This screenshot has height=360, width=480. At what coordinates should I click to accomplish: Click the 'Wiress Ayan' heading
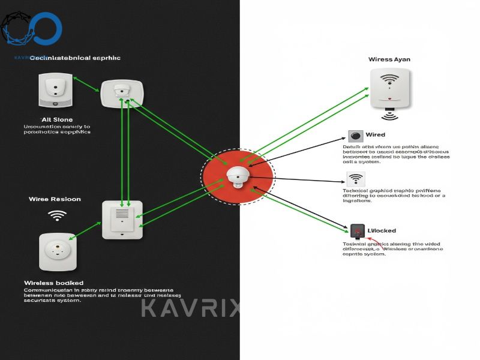(x=389, y=59)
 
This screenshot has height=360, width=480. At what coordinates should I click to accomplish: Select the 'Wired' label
(x=375, y=135)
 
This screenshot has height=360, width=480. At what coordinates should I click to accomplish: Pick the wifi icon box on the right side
(x=356, y=179)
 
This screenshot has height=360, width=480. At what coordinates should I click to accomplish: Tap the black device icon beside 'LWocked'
(x=358, y=230)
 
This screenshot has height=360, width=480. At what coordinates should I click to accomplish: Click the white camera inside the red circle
(x=238, y=176)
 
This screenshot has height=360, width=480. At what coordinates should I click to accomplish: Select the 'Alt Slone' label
(x=56, y=120)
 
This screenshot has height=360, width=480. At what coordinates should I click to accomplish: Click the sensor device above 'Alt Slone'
(x=55, y=89)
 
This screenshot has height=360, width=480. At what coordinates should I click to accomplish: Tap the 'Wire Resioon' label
(x=55, y=199)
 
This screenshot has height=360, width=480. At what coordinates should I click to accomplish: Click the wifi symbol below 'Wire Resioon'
(x=57, y=215)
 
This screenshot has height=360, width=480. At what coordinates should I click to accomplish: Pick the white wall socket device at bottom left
(x=58, y=251)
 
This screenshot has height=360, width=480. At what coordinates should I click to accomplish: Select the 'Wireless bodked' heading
(x=53, y=282)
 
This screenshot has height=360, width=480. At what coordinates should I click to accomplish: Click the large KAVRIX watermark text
(x=191, y=308)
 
